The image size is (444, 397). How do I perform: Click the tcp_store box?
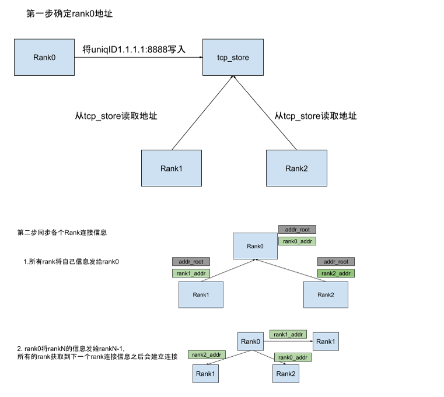233,58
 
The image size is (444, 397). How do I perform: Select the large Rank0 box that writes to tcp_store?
44,58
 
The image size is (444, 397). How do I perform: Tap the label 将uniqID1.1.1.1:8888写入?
134,50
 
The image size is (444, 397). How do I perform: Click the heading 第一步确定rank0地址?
69,13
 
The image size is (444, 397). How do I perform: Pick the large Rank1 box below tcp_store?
172,168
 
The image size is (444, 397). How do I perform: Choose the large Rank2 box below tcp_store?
296,168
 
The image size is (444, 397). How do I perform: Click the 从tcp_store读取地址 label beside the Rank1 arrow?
116,116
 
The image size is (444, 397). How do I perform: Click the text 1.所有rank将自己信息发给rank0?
71,262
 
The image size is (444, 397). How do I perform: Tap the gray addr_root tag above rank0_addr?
297,230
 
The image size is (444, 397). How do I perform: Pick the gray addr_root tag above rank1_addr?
191,262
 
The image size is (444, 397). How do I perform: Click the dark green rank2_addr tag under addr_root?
336,273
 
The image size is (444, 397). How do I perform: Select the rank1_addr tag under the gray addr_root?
191,273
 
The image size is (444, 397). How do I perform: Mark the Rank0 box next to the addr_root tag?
255,246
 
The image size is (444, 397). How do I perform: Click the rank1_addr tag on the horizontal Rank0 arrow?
288,335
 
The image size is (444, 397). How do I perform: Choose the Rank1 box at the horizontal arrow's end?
326,341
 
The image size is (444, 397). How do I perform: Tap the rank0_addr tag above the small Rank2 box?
293,357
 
